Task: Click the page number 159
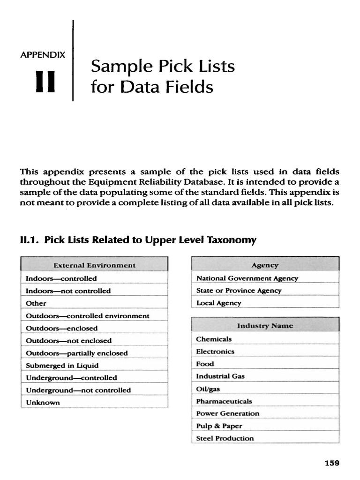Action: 331,463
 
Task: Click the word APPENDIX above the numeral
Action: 43,54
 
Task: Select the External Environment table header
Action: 94,265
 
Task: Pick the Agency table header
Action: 265,265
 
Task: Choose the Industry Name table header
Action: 265,325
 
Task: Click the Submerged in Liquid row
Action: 62,365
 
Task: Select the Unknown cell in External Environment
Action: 43,402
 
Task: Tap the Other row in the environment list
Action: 36,303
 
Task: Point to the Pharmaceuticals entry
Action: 224,401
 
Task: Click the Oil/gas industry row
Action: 208,389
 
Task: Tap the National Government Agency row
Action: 247,278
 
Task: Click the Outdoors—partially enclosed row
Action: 77,353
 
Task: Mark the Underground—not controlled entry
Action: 78,390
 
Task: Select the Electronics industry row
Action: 215,351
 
